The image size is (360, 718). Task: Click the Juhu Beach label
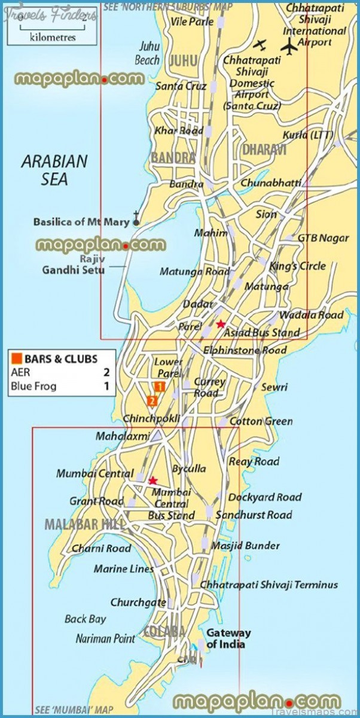[148, 53]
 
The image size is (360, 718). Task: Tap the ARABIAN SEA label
[54, 169]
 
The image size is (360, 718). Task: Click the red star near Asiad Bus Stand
[221, 324]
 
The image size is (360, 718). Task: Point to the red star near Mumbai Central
[152, 480]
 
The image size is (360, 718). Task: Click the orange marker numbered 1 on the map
[159, 386]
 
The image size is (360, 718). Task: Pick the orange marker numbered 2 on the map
[152, 400]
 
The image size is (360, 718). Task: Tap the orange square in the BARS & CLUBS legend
[16, 358]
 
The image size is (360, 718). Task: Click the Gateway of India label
[228, 638]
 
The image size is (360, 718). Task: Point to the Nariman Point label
[105, 638]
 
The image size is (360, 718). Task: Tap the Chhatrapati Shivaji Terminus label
[269, 585]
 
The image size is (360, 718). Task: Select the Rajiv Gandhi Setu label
[73, 264]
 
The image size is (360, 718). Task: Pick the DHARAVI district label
[264, 150]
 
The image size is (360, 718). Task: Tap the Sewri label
[273, 387]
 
